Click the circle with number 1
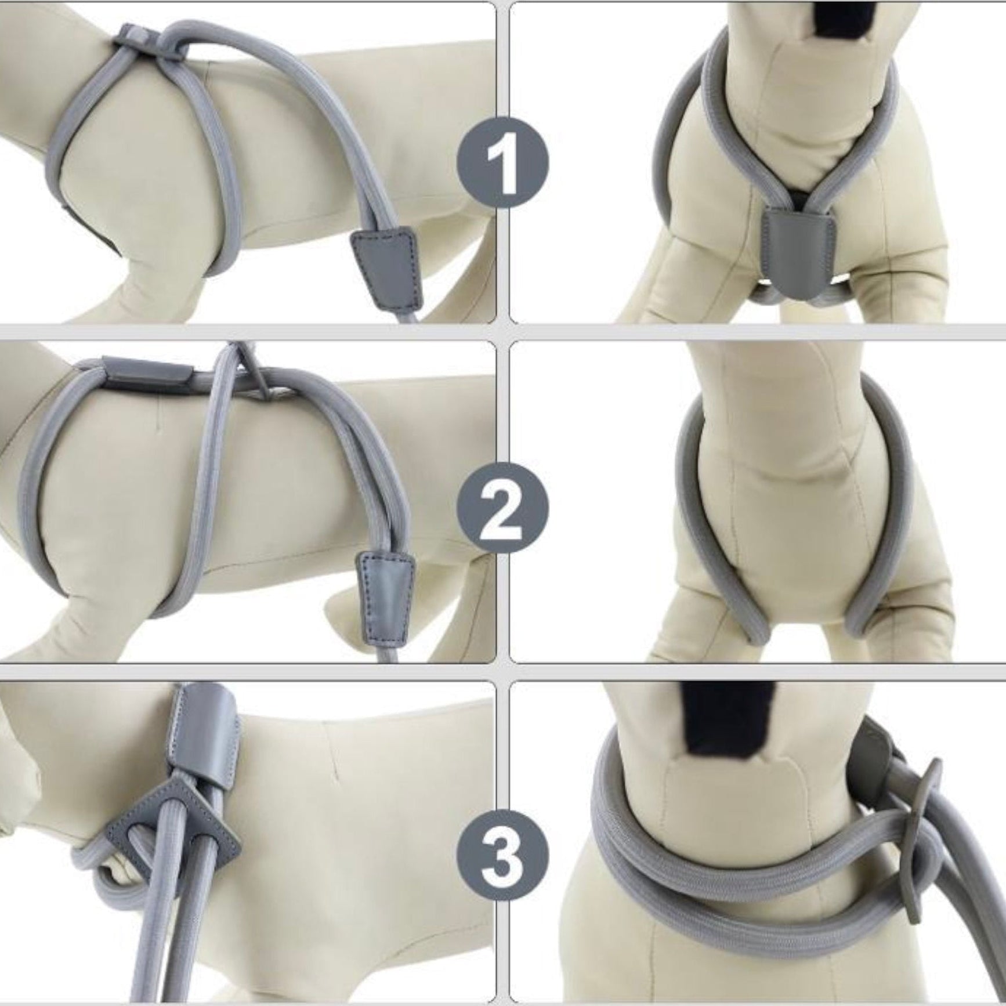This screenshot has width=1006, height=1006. pyautogui.click(x=502, y=162)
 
